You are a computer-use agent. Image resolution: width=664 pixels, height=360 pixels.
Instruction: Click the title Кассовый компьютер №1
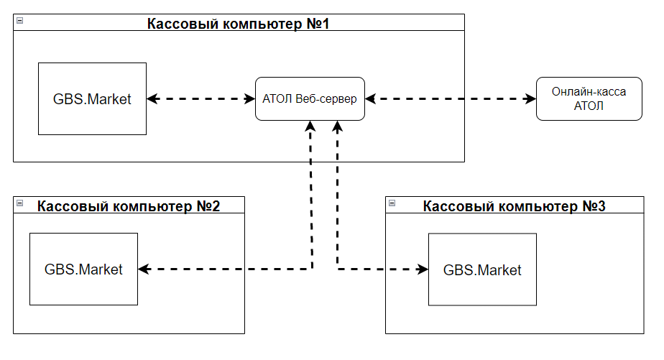238,23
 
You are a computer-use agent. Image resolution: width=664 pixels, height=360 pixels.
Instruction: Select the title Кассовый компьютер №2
129,206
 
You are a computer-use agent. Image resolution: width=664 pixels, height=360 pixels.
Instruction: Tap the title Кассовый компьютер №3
514,206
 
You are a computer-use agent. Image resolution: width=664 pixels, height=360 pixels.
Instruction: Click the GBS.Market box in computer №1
92,99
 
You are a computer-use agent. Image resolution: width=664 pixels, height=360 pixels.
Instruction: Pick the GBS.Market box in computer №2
83,269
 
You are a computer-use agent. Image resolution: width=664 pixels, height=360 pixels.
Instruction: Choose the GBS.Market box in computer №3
482,270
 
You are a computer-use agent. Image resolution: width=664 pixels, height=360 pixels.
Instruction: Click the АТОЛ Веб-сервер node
310,99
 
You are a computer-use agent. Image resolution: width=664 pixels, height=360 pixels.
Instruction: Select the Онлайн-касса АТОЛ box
589,99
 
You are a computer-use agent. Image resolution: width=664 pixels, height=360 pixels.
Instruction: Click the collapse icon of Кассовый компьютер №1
19,21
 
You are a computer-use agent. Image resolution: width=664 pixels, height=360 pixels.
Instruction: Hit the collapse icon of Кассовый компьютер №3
392,204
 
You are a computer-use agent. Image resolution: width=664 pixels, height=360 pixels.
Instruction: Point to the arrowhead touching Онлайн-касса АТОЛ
530,99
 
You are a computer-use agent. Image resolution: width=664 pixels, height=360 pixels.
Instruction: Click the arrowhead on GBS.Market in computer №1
152,99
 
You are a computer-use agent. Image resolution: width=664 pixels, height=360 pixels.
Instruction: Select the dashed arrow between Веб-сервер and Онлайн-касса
451,99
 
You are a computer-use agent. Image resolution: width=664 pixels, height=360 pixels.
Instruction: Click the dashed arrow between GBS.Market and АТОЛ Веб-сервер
201,99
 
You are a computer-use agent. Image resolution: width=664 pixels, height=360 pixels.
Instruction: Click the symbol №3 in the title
595,206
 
